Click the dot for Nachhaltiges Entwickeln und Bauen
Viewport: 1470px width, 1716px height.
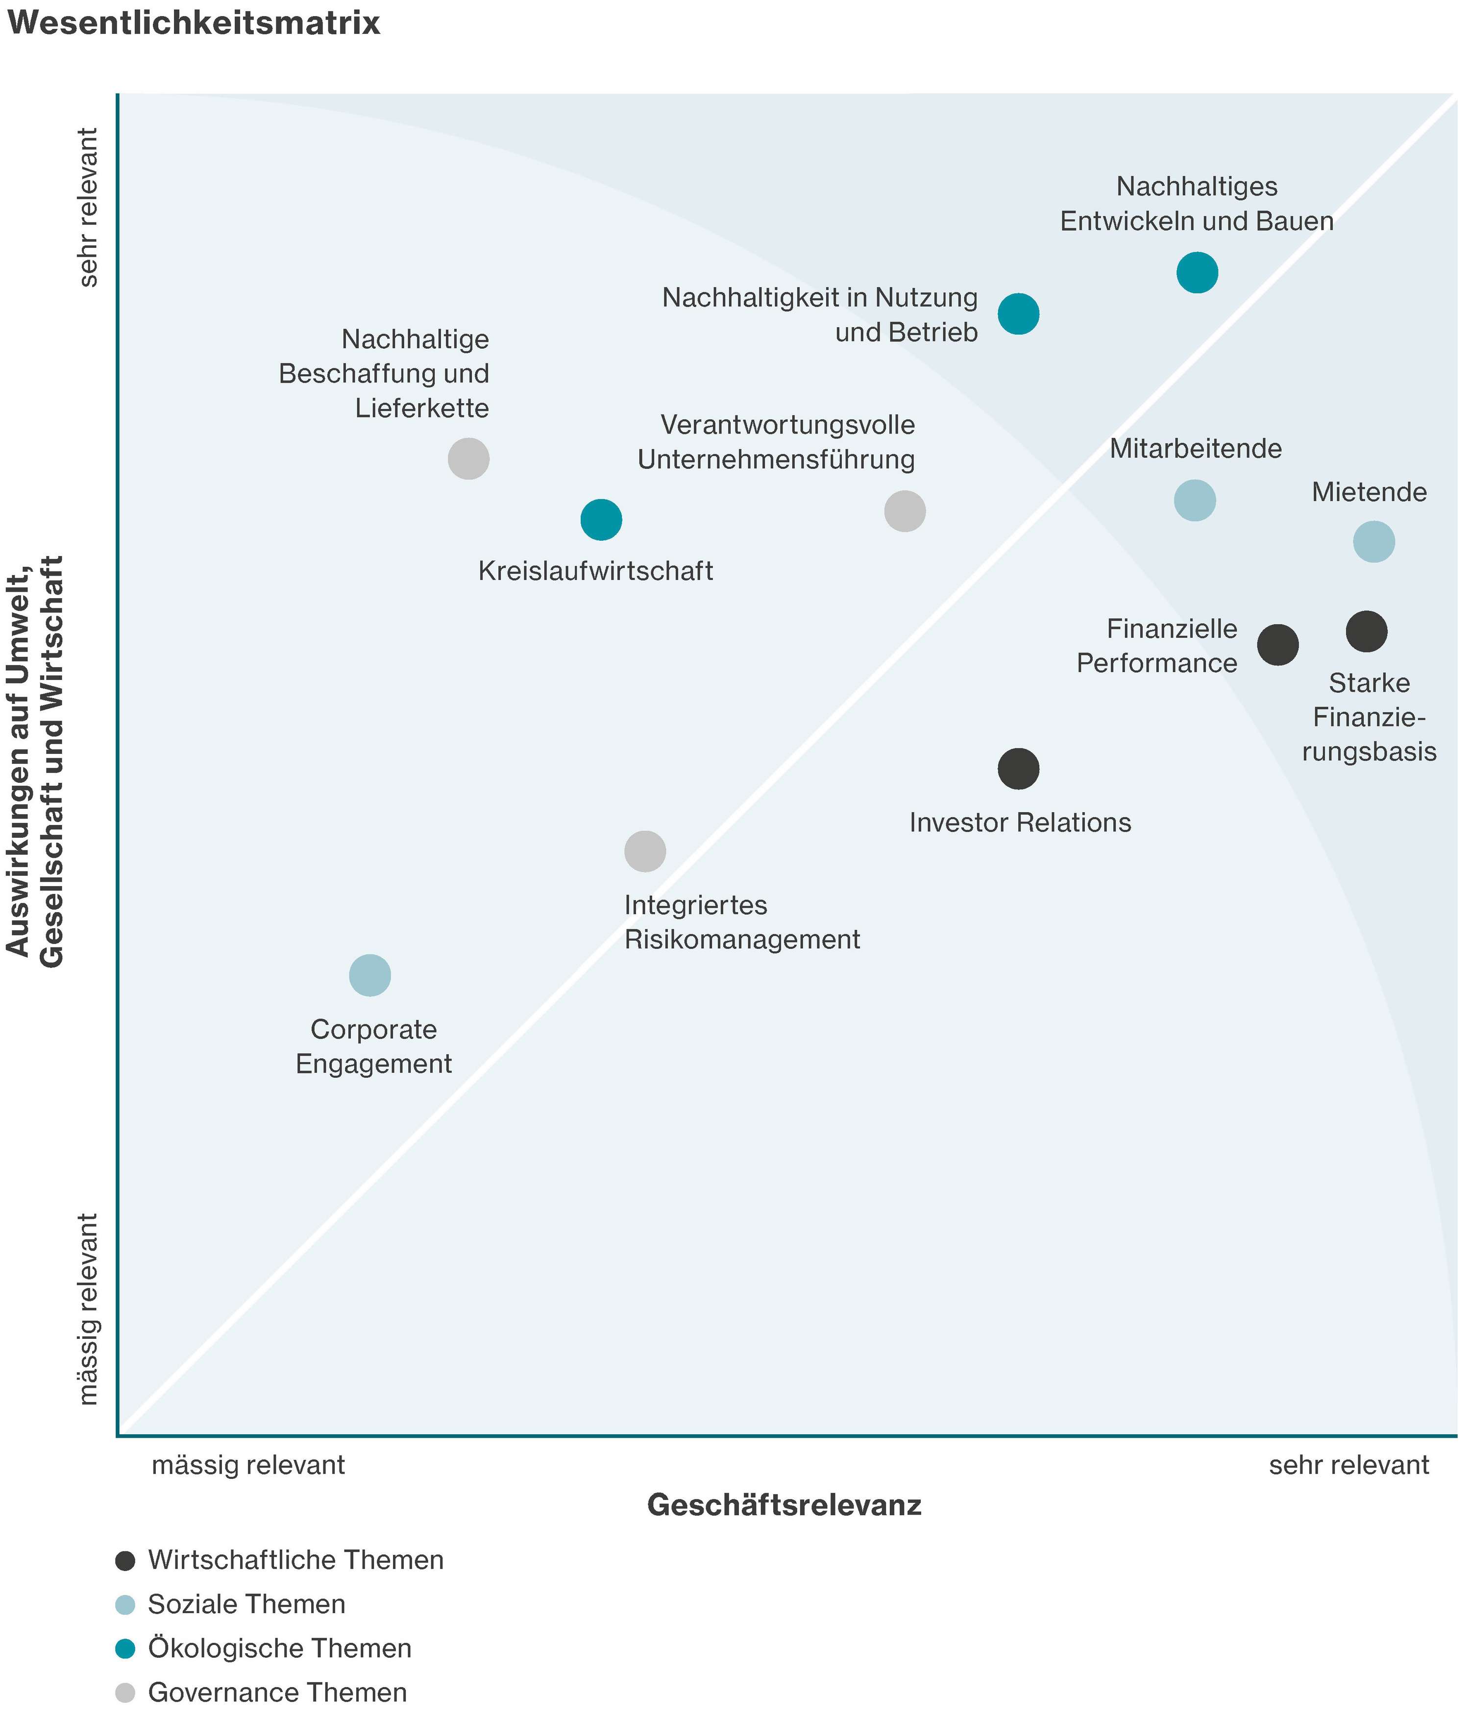pyautogui.click(x=1197, y=272)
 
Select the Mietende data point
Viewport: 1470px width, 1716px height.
pyautogui.click(x=1373, y=542)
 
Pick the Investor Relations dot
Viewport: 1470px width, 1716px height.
pyautogui.click(x=1018, y=769)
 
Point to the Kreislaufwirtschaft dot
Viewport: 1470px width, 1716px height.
pyautogui.click(x=601, y=519)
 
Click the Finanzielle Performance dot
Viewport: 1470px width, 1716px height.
pyautogui.click(x=1278, y=644)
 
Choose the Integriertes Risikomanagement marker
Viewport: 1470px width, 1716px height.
pyautogui.click(x=645, y=850)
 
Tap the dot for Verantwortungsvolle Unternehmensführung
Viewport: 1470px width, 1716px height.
pyautogui.click(x=905, y=511)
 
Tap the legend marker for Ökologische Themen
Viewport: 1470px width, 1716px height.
pyautogui.click(x=125, y=1648)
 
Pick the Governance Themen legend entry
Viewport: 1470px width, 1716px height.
pyautogui.click(x=277, y=1692)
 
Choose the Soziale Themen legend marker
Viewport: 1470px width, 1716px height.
pyautogui.click(x=125, y=1604)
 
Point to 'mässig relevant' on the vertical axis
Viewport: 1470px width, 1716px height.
pyautogui.click(x=89, y=1308)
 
